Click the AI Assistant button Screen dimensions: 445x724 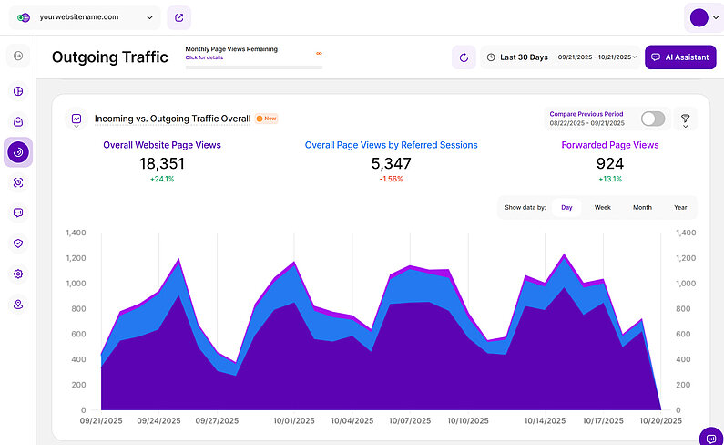[680, 57]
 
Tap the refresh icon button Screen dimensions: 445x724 [464, 57]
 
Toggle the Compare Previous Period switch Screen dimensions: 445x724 [653, 119]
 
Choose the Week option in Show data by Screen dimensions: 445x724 [603, 207]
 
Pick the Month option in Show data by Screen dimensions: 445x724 [642, 207]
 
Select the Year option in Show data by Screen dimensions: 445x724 [680, 207]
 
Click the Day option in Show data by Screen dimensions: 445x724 [566, 207]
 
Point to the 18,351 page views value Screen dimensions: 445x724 [162, 163]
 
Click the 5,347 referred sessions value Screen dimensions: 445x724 [392, 163]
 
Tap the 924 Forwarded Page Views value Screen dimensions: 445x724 [610, 163]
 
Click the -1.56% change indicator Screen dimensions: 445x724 [392, 179]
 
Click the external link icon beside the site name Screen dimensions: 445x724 [179, 16]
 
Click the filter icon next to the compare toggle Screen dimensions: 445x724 [686, 119]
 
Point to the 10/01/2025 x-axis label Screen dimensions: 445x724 [294, 421]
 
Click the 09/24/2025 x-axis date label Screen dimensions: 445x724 [158, 421]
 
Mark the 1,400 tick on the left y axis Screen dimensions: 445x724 [76, 233]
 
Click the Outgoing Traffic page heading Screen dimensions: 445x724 [110, 57]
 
